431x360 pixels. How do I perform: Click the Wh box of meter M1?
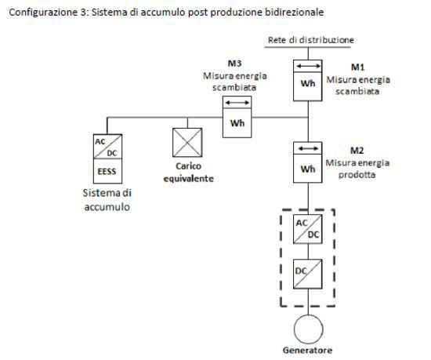pos(308,85)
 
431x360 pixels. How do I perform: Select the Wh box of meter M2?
pos(308,168)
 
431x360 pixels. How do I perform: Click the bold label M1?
pos(357,68)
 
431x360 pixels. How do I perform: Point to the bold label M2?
pos(357,150)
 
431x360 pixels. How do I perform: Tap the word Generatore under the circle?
pos(308,350)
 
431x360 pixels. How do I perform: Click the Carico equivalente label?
pos(188,173)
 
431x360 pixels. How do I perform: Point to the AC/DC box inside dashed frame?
pos(308,228)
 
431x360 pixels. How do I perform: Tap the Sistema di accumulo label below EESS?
pos(107,200)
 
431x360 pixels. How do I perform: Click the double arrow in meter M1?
pos(308,65)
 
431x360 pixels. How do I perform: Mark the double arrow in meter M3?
pos(235,103)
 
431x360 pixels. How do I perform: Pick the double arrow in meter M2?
pos(308,148)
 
